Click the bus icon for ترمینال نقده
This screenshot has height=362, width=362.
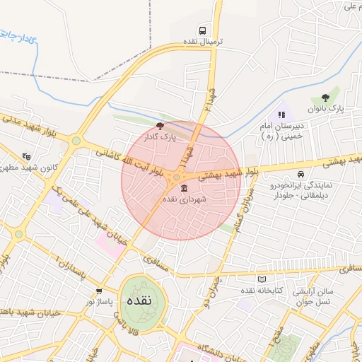click(203, 30)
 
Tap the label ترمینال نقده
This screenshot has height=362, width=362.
click(203, 42)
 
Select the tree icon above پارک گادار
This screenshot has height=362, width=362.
click(159, 125)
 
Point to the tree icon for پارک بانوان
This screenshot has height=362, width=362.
click(325, 98)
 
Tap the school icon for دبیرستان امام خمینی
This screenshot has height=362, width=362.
click(281, 114)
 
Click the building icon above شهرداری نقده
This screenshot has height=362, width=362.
click(185, 188)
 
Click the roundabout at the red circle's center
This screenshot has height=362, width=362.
click(176, 177)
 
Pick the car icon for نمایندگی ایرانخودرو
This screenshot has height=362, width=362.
click(301, 174)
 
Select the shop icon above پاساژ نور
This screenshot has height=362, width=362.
click(99, 290)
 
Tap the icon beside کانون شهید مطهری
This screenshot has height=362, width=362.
click(26, 156)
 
